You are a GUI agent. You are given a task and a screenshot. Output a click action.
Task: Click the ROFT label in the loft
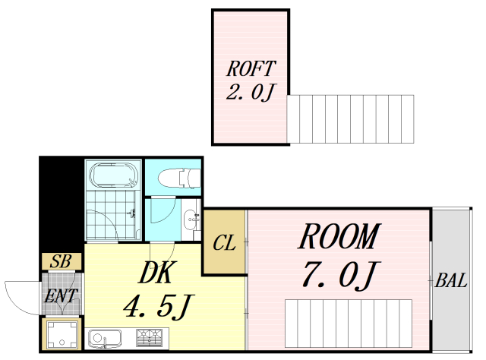point(251,68)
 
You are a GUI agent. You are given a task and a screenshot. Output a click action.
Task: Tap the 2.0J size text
point(251,93)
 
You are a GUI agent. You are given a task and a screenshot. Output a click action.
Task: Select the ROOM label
point(339,236)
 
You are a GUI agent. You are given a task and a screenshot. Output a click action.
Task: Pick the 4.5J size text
point(158,306)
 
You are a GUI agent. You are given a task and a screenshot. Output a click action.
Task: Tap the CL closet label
point(224,243)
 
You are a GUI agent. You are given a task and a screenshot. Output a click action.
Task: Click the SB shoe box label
point(61,261)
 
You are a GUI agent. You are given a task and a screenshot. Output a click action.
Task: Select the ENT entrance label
point(61,295)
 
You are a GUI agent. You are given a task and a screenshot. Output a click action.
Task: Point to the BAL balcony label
point(451,280)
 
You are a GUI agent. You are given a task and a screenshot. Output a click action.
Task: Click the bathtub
point(114,175)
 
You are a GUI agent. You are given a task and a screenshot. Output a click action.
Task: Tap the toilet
point(179,178)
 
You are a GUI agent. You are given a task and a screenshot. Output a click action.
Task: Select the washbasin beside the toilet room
point(190,219)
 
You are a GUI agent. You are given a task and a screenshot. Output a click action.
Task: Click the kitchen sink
point(105,339)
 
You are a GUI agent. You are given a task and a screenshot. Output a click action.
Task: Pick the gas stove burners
point(149,338)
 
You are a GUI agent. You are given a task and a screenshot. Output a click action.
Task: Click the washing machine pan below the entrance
point(62,333)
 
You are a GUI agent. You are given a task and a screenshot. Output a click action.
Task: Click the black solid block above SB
point(62,204)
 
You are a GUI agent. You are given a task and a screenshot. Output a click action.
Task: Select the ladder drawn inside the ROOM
point(349,324)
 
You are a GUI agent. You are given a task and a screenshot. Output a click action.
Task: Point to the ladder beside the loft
point(350,119)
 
